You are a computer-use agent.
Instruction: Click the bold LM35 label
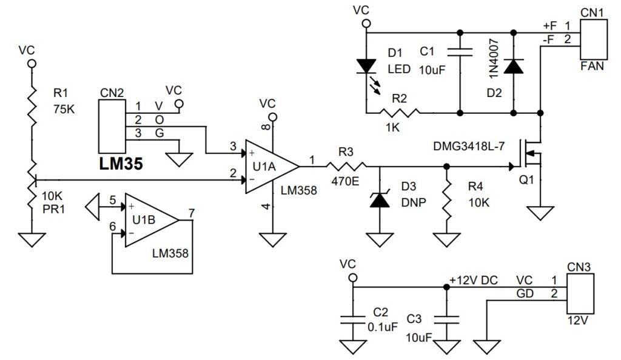(121, 165)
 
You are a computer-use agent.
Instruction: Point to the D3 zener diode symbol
(380, 198)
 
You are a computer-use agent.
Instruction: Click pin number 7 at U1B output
(191, 212)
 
